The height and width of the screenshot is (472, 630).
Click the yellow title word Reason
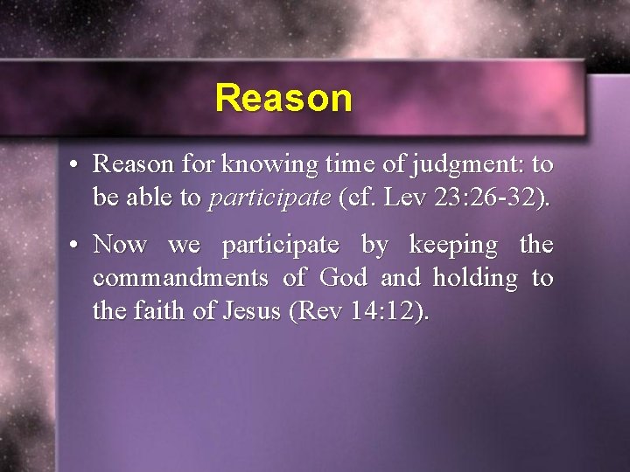pyautogui.click(x=283, y=98)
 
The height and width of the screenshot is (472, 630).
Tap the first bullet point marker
pyautogui.click(x=77, y=164)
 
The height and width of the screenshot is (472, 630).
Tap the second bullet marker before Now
pyautogui.click(x=77, y=245)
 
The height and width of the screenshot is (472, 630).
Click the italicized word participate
pyautogui.click(x=269, y=198)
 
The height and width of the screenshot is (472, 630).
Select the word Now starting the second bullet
pyautogui.click(x=120, y=245)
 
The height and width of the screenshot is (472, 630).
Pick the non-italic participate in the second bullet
pyautogui.click(x=280, y=245)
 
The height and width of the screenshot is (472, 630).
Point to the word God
pyautogui.click(x=344, y=278)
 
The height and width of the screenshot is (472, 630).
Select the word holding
pyautogui.click(x=473, y=278)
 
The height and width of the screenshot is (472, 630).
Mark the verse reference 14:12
pyautogui.click(x=390, y=311)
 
